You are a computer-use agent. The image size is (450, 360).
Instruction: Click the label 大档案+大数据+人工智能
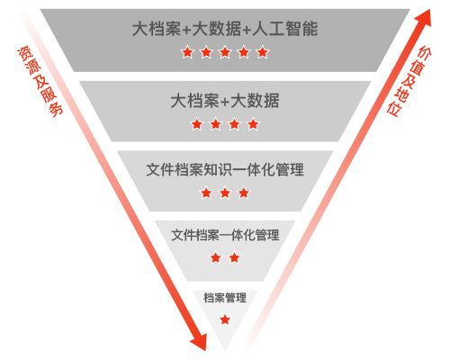(x=225, y=29)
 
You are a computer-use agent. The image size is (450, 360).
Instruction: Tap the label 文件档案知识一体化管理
(x=225, y=169)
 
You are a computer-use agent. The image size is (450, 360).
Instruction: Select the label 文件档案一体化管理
(x=225, y=235)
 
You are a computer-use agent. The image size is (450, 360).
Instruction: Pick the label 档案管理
(x=225, y=298)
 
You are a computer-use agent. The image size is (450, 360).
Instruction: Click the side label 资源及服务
(x=40, y=81)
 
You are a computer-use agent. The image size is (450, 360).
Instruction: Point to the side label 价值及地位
(x=409, y=80)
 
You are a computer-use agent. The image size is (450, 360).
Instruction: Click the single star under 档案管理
(x=225, y=319)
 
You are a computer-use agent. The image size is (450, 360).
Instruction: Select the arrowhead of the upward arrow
(x=424, y=18)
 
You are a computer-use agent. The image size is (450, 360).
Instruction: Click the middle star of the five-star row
(x=225, y=52)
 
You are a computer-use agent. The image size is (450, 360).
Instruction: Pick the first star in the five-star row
(x=187, y=52)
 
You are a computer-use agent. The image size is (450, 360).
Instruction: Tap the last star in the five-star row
(x=263, y=52)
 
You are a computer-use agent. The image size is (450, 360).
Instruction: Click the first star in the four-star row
(x=197, y=124)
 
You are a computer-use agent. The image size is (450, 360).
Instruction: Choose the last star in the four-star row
(x=253, y=124)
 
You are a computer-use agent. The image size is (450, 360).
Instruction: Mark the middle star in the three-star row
(x=225, y=193)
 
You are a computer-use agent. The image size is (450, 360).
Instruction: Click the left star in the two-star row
(x=216, y=257)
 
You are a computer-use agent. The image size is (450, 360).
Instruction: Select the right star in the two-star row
(x=234, y=257)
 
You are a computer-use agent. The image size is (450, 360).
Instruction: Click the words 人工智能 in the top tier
(x=285, y=29)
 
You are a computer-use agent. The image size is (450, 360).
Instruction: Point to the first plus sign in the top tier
(x=186, y=30)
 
